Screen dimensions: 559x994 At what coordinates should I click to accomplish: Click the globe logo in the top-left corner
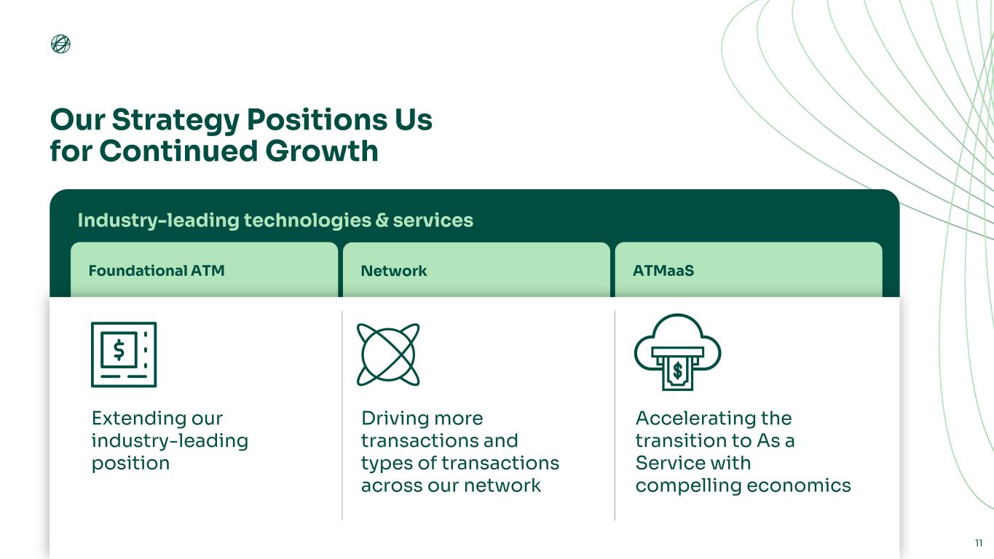(x=60, y=44)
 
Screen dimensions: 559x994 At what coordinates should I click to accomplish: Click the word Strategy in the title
(x=175, y=120)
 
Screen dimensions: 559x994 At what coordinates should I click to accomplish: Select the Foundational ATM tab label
(x=156, y=271)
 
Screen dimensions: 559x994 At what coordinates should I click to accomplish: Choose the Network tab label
(x=393, y=271)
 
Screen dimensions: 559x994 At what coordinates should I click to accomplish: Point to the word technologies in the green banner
(x=307, y=220)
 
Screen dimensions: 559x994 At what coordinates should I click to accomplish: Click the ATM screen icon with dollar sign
(x=123, y=354)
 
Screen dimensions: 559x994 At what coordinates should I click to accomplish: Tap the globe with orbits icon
(x=388, y=354)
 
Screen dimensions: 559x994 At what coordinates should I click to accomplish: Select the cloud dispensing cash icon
(x=677, y=352)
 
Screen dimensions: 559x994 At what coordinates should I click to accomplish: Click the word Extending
(x=138, y=419)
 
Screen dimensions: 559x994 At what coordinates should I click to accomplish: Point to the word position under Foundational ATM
(x=130, y=464)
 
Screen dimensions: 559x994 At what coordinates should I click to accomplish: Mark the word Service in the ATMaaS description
(x=666, y=463)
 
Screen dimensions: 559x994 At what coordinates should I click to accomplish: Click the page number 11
(x=979, y=543)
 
